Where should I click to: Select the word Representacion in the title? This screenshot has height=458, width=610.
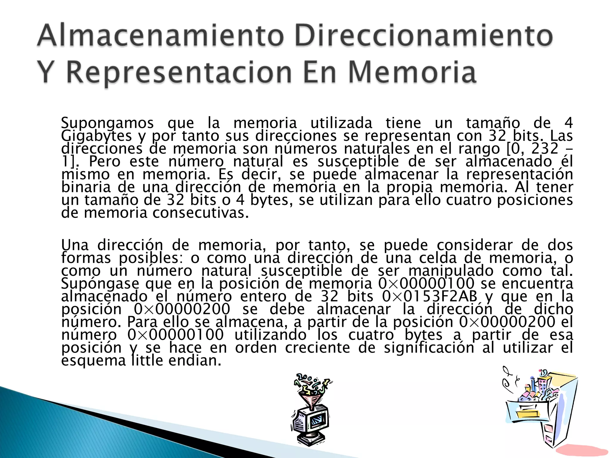pyautogui.click(x=179, y=73)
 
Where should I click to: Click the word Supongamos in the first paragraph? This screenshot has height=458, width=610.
pyautogui.click(x=107, y=123)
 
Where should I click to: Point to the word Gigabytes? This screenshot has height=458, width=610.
pyautogui.click(x=96, y=136)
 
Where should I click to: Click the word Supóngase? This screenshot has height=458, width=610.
pyautogui.click(x=100, y=284)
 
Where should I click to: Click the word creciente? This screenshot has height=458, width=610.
pyautogui.click(x=317, y=348)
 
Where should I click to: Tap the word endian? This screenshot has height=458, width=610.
pyautogui.click(x=195, y=360)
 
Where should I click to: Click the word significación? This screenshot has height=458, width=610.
pyautogui.click(x=429, y=348)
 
